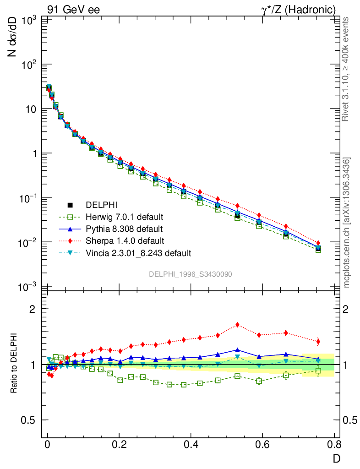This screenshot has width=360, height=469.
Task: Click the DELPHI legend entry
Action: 102,205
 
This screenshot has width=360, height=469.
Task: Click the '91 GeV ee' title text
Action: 73,9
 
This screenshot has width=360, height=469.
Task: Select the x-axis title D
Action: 336,458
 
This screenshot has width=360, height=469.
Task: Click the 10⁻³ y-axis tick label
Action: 27,287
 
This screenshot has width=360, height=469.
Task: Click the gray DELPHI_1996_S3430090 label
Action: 190,274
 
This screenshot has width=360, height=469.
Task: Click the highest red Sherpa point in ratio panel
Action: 237,325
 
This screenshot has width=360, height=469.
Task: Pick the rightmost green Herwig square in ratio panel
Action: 318,371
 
